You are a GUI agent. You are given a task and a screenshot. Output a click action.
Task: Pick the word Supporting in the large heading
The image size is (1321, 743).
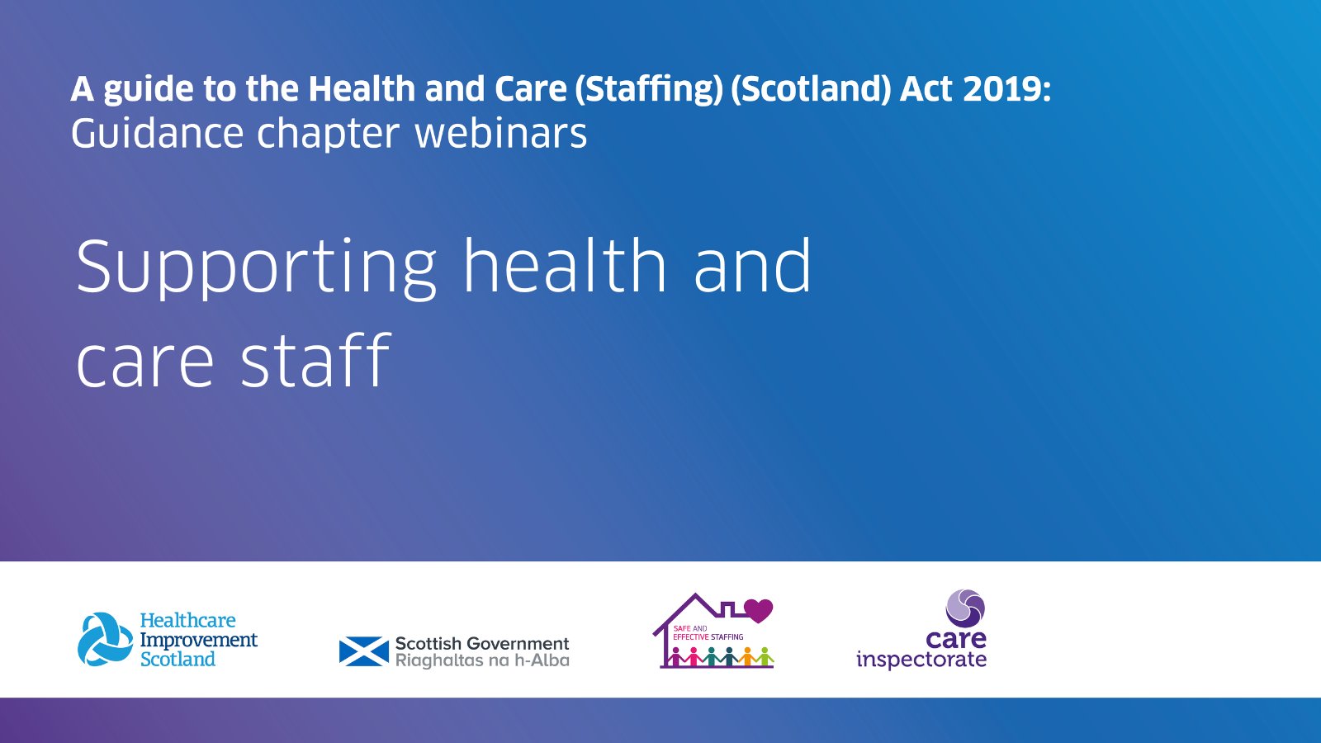(x=255, y=268)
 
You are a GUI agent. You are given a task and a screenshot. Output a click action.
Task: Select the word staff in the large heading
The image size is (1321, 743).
(x=315, y=361)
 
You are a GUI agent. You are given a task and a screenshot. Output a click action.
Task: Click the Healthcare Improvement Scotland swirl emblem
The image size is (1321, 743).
(x=105, y=639)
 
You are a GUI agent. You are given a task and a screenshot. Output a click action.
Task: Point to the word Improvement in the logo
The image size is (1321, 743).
(x=198, y=640)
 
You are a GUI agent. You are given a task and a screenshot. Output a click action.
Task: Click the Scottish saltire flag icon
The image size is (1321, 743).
(x=363, y=651)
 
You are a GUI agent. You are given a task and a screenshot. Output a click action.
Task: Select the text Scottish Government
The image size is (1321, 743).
(x=482, y=643)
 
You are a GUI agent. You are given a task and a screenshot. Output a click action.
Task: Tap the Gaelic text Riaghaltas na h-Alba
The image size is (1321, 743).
(x=482, y=660)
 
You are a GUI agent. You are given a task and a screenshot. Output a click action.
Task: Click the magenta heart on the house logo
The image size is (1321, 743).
(x=758, y=611)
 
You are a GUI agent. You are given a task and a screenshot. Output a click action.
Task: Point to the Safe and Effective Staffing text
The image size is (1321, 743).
(x=708, y=633)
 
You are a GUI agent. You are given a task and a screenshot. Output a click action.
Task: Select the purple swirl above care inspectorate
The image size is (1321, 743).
(x=965, y=608)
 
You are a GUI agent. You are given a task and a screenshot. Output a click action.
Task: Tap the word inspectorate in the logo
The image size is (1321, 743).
(x=921, y=660)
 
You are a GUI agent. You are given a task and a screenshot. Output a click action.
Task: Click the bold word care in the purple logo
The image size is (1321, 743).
(x=956, y=639)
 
